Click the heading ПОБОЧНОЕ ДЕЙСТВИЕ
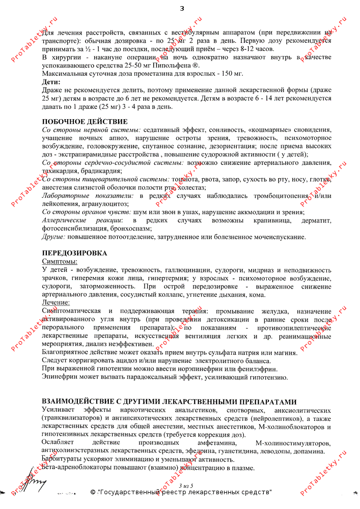[85, 121]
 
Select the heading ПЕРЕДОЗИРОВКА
[74, 253]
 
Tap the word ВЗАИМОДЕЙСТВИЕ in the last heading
[85, 402]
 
